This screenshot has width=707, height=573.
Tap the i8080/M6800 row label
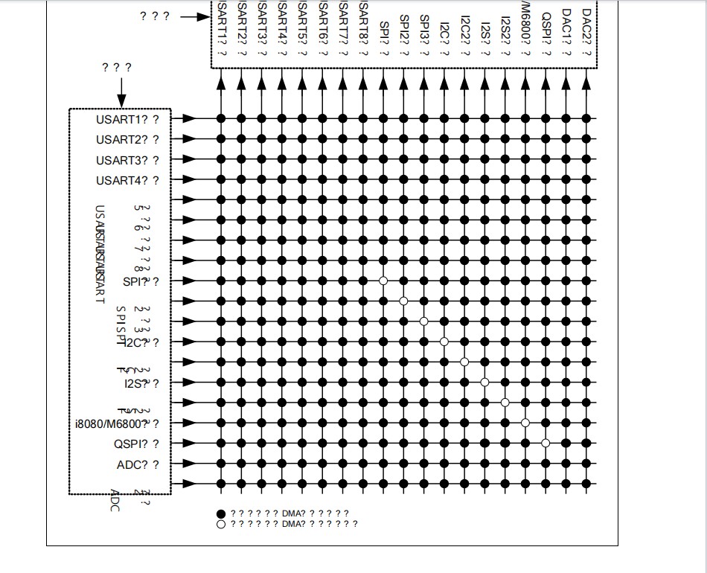(112, 424)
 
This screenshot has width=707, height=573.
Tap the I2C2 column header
(464, 33)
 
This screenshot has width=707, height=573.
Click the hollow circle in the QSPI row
(546, 443)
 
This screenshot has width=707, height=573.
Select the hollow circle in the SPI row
(383, 281)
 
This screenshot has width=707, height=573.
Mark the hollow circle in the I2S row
(484, 382)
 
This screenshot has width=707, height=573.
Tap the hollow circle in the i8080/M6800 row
(525, 423)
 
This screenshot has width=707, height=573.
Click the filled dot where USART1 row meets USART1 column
(221, 118)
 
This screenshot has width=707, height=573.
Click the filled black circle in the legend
(221, 513)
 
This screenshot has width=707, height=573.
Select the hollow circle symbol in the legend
(221, 524)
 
